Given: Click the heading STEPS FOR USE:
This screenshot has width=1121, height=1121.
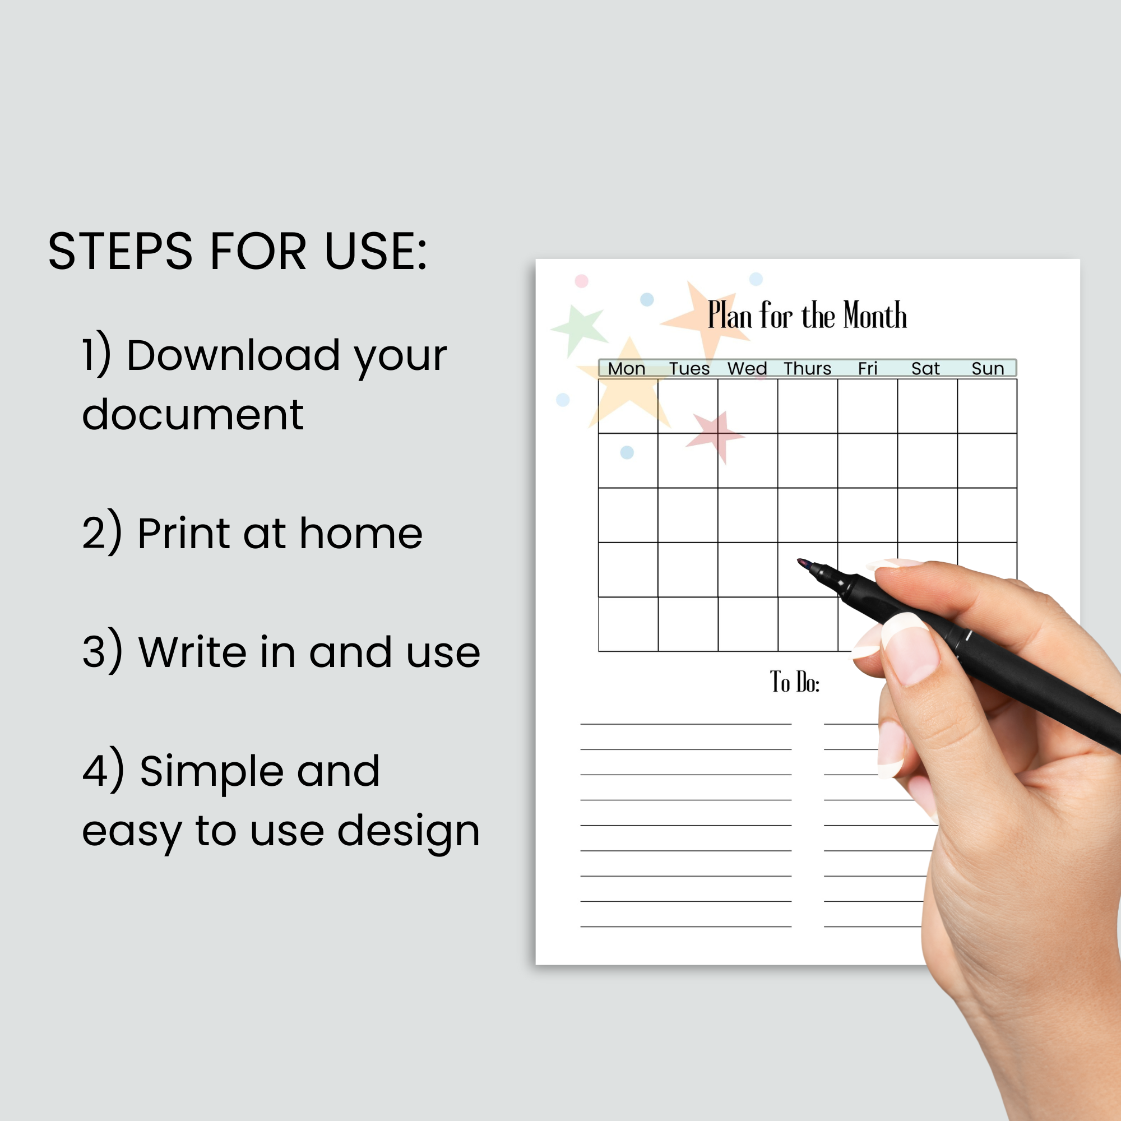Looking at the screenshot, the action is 237,251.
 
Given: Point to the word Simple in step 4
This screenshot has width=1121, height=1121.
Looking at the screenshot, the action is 211,772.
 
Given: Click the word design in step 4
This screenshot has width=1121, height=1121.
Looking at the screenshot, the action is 409,831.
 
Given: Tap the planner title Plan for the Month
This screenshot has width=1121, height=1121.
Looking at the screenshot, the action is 807,316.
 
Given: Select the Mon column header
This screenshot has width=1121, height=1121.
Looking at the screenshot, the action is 627,368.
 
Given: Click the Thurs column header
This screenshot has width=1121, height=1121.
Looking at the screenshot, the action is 808,368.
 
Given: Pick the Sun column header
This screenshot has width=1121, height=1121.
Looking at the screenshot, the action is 988,368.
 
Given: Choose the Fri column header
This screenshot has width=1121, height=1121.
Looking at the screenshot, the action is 868,368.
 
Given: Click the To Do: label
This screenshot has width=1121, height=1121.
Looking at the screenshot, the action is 795,682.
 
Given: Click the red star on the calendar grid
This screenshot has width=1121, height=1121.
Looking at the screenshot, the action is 715,436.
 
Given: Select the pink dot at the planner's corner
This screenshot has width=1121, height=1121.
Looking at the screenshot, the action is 581,281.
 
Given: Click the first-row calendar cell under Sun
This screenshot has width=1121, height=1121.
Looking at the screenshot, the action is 987,406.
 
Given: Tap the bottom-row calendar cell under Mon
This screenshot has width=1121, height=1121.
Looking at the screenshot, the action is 628,624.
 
